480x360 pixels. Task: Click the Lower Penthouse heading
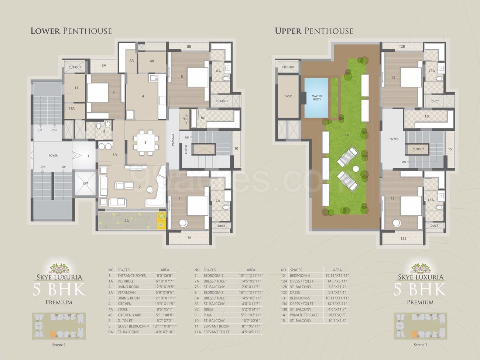coord(71,31)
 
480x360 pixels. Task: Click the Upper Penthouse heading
coord(314,31)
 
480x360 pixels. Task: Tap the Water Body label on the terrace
coord(317,98)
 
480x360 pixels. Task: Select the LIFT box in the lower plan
coord(86,184)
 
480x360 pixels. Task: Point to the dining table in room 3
coord(145,143)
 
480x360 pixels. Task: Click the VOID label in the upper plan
coord(289,96)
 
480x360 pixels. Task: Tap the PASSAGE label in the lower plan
coord(173,140)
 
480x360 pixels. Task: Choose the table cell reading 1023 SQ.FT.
coord(337,315)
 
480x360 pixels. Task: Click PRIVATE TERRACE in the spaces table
coord(304,315)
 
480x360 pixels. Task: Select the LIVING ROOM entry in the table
coord(128,287)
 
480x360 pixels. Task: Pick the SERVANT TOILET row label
coord(216,332)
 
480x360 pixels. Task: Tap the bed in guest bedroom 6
coord(98,93)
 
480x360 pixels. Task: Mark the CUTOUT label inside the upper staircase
coord(418,149)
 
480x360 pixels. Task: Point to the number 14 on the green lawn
coord(347,135)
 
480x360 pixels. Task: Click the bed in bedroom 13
coord(411,206)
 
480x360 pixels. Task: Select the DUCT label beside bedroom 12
coord(435,101)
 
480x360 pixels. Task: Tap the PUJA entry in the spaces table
coord(209,315)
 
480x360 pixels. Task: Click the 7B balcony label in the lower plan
coord(189,238)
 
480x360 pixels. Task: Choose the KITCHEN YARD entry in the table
coord(129,315)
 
